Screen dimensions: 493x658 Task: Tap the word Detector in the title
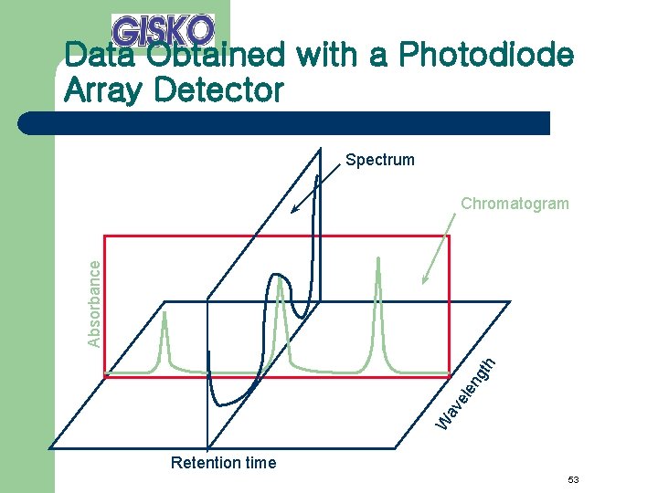[x=226, y=90]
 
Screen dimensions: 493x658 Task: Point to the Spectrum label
[x=379, y=161]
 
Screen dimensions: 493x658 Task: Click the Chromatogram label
[x=515, y=204]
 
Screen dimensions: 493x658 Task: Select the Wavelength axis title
[x=466, y=393]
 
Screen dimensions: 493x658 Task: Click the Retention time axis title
[x=223, y=463]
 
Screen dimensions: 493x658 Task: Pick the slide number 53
[x=574, y=480]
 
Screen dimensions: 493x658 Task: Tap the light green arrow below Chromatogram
[x=436, y=247]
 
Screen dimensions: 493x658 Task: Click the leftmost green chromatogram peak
[x=165, y=338]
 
